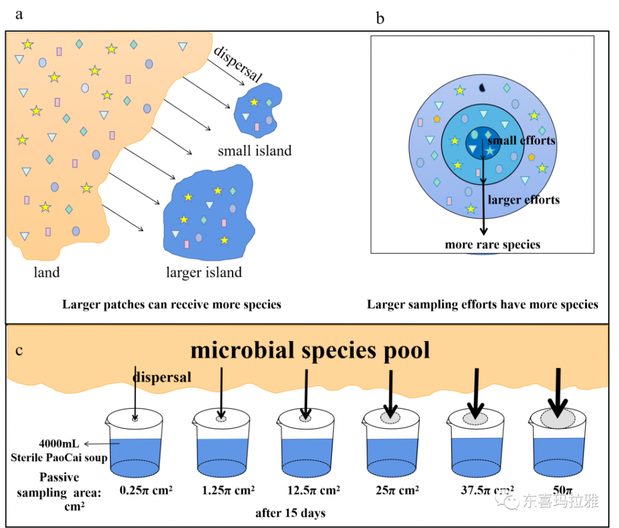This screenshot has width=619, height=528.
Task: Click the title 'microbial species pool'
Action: click(x=310, y=350)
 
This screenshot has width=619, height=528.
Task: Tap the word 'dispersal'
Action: click(x=161, y=377)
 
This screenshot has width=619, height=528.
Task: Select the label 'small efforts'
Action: click(x=521, y=141)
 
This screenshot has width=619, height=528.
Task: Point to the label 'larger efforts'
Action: click(x=523, y=200)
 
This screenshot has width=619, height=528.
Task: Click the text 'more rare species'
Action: click(x=492, y=245)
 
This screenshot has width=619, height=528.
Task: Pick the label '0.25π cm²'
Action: click(x=146, y=490)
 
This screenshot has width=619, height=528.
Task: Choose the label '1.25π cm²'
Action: click(x=228, y=490)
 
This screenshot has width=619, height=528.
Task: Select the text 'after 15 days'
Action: click(x=290, y=513)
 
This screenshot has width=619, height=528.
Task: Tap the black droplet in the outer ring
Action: click(x=482, y=88)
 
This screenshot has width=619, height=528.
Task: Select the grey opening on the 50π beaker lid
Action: click(x=557, y=419)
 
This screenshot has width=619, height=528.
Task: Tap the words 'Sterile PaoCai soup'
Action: click(x=59, y=457)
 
